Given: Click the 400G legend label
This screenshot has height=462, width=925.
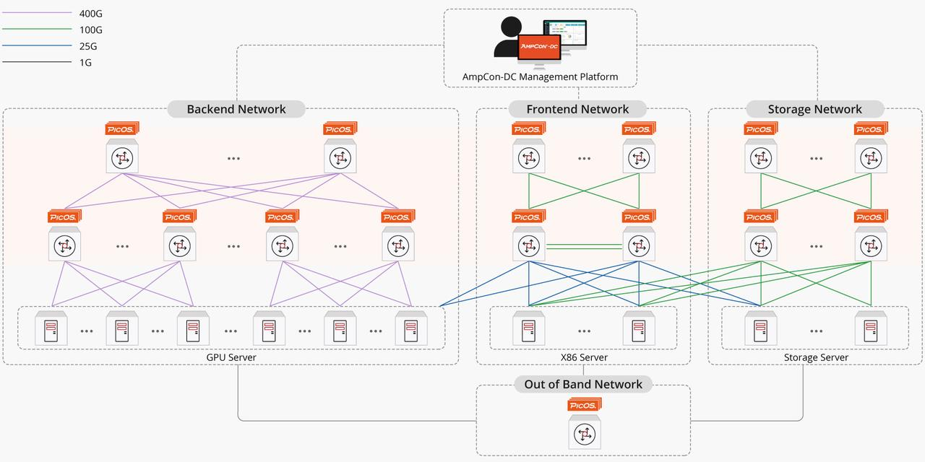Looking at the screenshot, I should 91,13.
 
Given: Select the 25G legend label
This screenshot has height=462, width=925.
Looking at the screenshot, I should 88,46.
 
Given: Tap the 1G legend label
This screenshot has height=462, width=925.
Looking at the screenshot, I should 85,63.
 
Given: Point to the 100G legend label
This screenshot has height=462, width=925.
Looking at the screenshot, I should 91,30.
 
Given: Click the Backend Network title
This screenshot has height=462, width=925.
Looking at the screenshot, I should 236,110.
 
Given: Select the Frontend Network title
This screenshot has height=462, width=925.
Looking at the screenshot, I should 577,110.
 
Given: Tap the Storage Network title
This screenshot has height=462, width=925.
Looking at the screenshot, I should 814,110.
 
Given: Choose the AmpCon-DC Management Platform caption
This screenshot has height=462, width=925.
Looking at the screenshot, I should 540,77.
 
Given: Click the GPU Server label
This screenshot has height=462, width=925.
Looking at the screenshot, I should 231,357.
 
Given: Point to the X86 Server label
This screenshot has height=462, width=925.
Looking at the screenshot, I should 584,357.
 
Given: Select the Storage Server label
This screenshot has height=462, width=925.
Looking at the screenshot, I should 816,357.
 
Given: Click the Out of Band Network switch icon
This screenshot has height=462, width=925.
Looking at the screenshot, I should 583,434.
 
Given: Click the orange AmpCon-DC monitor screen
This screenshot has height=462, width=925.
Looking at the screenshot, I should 539,46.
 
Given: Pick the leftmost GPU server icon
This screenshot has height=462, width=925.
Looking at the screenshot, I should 51,330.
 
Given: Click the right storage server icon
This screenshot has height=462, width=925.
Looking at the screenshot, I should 870,330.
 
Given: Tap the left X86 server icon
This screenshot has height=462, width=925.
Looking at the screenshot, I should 529,330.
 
